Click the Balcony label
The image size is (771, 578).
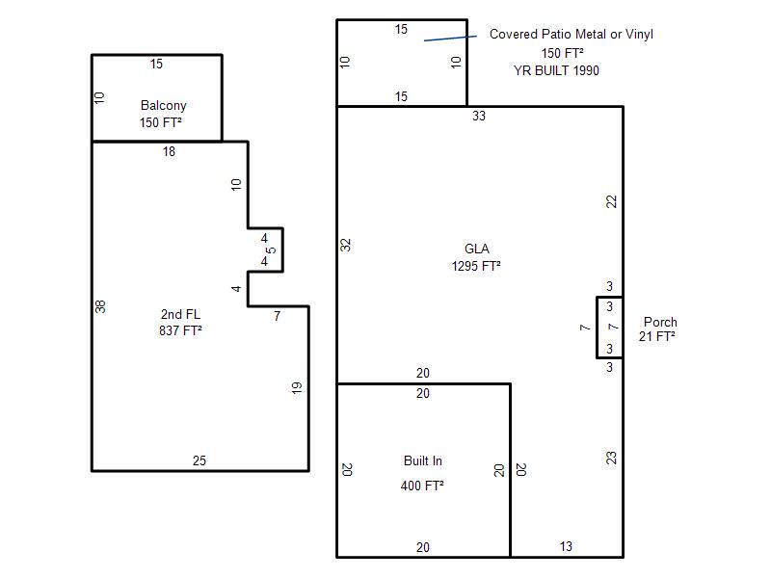pos(163,106)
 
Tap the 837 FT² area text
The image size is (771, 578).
pos(180,330)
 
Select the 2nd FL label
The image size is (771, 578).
pos(180,314)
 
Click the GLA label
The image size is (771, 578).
pos(476,249)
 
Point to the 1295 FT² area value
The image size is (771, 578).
pos(476,266)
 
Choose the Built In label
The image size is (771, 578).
pos(423,461)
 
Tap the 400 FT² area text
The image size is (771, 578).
pos(422,486)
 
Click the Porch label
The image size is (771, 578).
pos(660,322)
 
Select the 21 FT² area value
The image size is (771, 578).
pos(657,336)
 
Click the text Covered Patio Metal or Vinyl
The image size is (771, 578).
pos(572,35)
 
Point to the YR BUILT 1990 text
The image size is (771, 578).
pos(557,70)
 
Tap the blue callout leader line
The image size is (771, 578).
pos(450,38)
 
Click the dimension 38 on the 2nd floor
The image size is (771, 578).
pos(100,306)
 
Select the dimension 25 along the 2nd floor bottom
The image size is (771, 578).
pos(199,460)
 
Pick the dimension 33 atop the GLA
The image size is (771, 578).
pos(479,116)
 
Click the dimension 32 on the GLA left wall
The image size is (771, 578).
pos(346,245)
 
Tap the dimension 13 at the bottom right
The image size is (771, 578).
pos(566,546)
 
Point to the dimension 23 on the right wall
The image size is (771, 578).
pos(611,459)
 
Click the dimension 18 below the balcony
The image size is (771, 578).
pos(170,152)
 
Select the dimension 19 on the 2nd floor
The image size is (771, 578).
pos(297,388)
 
